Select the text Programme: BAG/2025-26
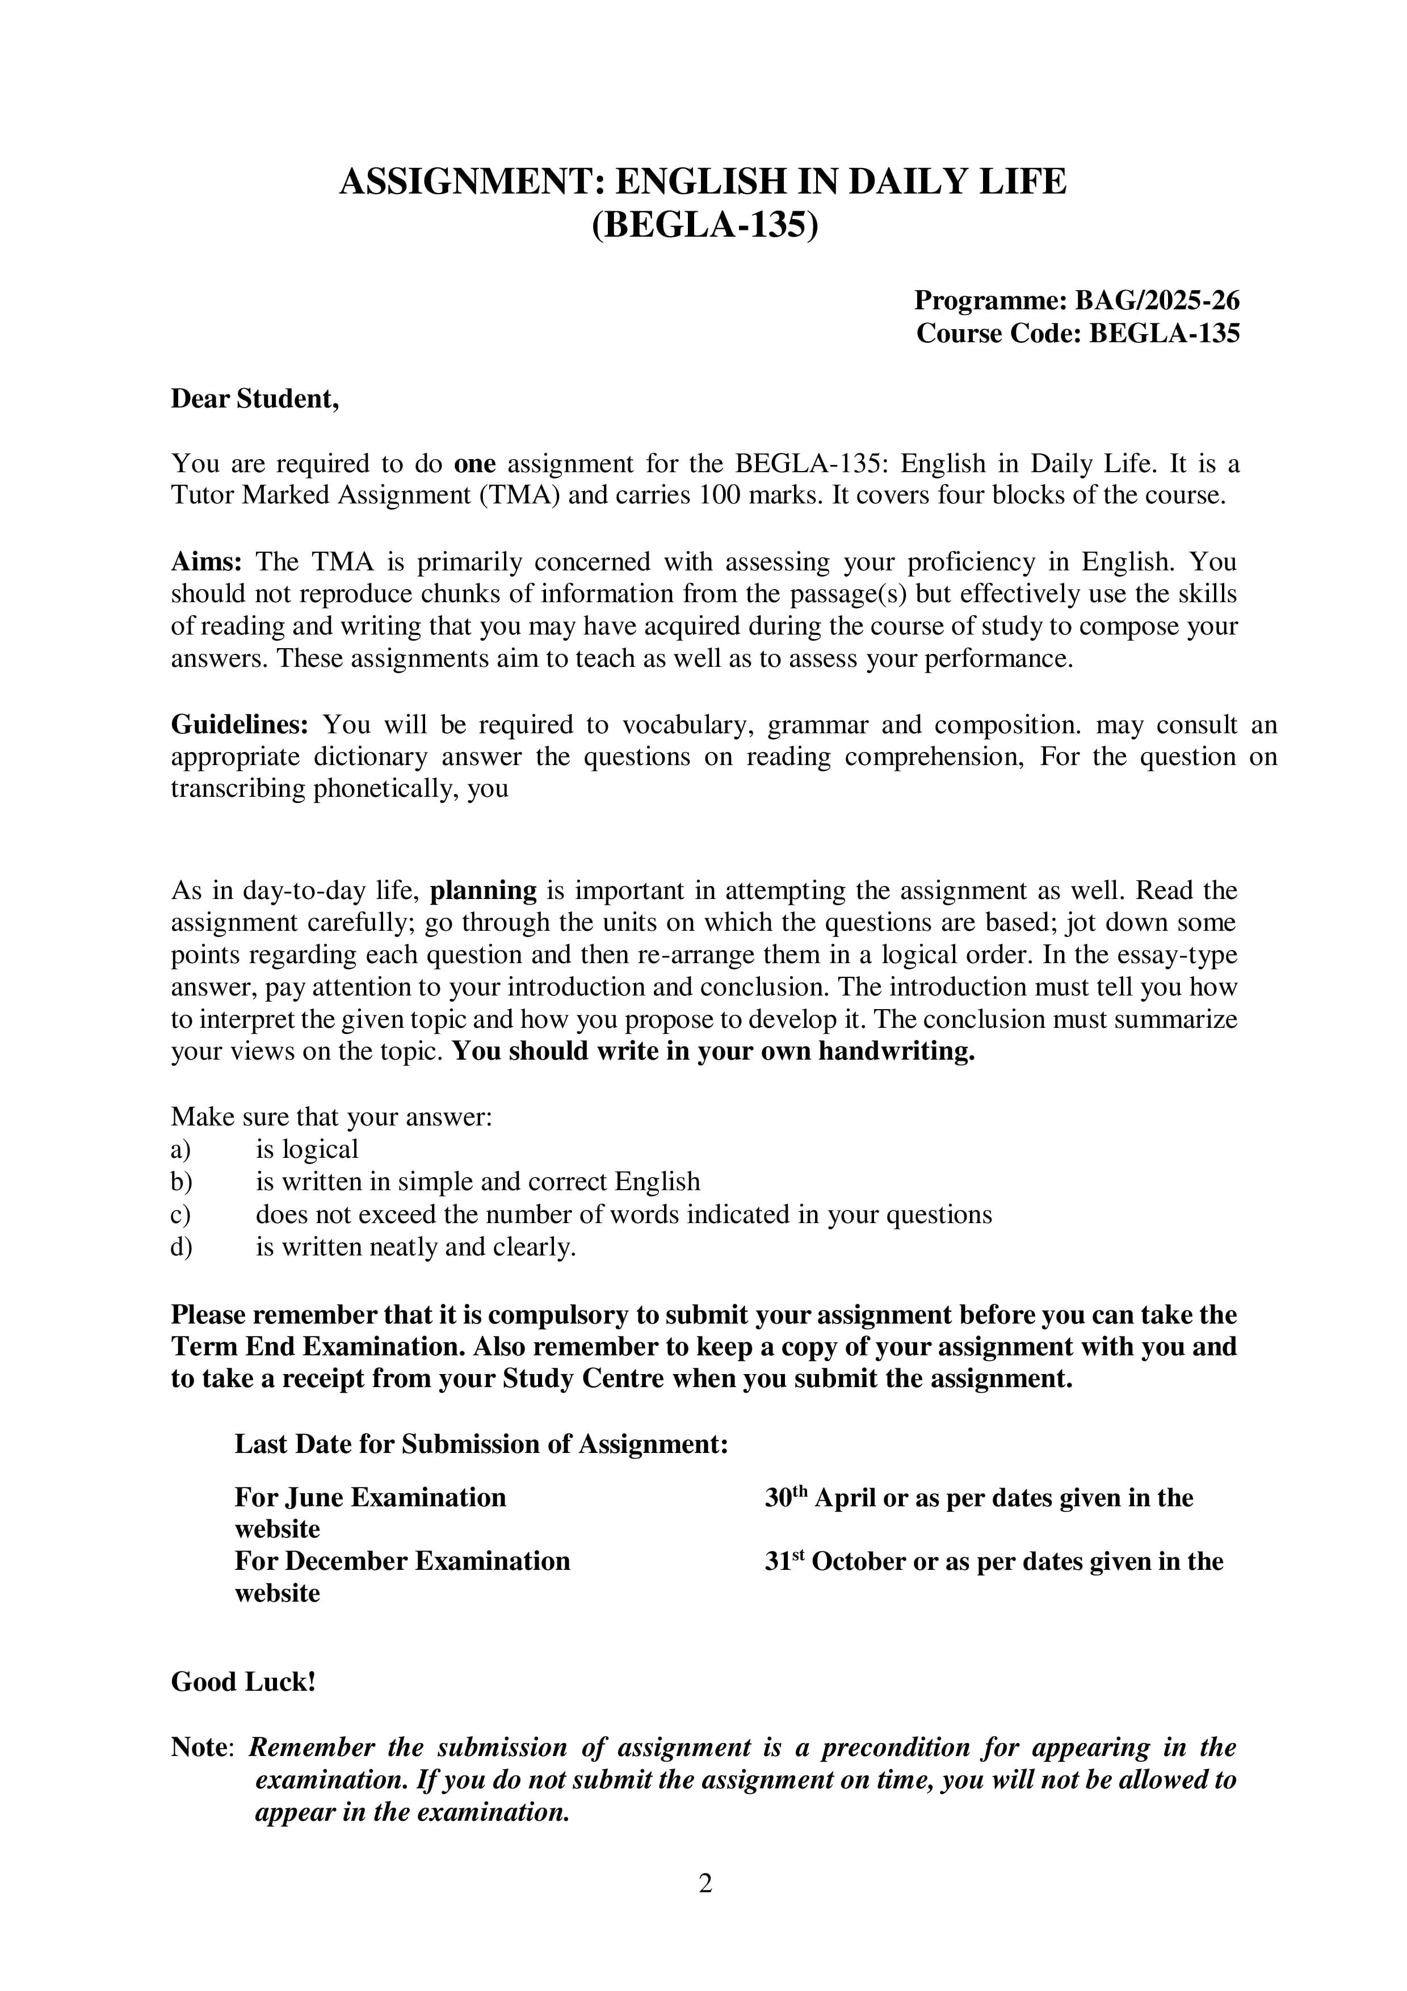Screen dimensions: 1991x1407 coord(1077,300)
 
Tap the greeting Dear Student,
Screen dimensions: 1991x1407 coord(255,399)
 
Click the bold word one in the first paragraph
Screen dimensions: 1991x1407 coord(474,464)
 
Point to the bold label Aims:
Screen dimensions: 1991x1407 coord(207,562)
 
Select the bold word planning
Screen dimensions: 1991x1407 coord(484,891)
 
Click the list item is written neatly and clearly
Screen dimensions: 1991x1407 coord(415,1247)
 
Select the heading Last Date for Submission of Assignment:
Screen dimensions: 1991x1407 coord(481,1444)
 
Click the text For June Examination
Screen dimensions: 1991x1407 coord(370,1498)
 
